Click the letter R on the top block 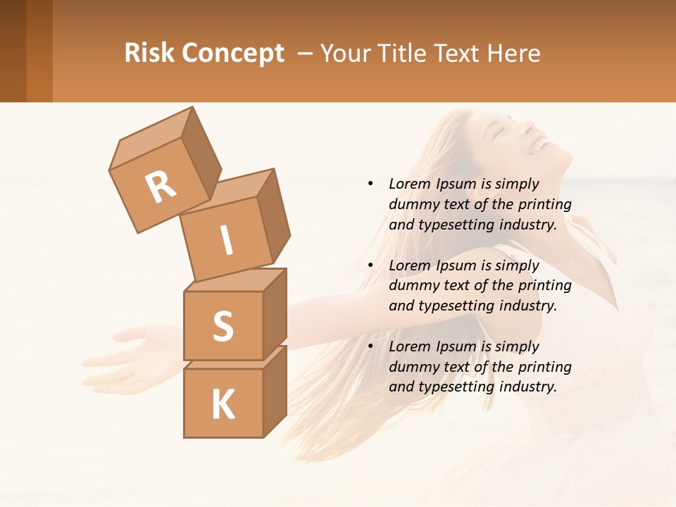click(x=161, y=187)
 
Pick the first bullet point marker click(x=370, y=184)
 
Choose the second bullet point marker click(x=370, y=265)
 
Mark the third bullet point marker click(x=370, y=346)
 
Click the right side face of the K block click(x=275, y=391)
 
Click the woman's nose click(x=529, y=127)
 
